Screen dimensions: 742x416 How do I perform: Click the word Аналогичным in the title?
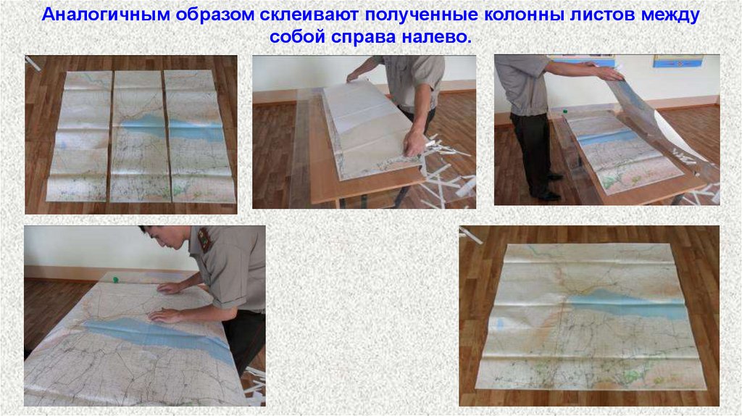click(x=105, y=14)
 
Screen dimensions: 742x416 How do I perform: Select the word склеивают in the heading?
click(x=311, y=14)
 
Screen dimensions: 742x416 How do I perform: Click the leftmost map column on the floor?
click(x=80, y=136)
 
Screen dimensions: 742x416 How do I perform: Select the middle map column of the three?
click(x=139, y=136)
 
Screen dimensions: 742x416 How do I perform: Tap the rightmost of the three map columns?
click(x=200, y=137)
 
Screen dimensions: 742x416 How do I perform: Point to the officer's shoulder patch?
click(x=205, y=238)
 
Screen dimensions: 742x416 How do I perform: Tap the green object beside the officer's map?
click(x=115, y=280)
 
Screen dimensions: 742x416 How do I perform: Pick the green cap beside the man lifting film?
click(x=564, y=112)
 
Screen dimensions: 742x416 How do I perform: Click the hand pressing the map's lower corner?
click(x=414, y=143)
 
